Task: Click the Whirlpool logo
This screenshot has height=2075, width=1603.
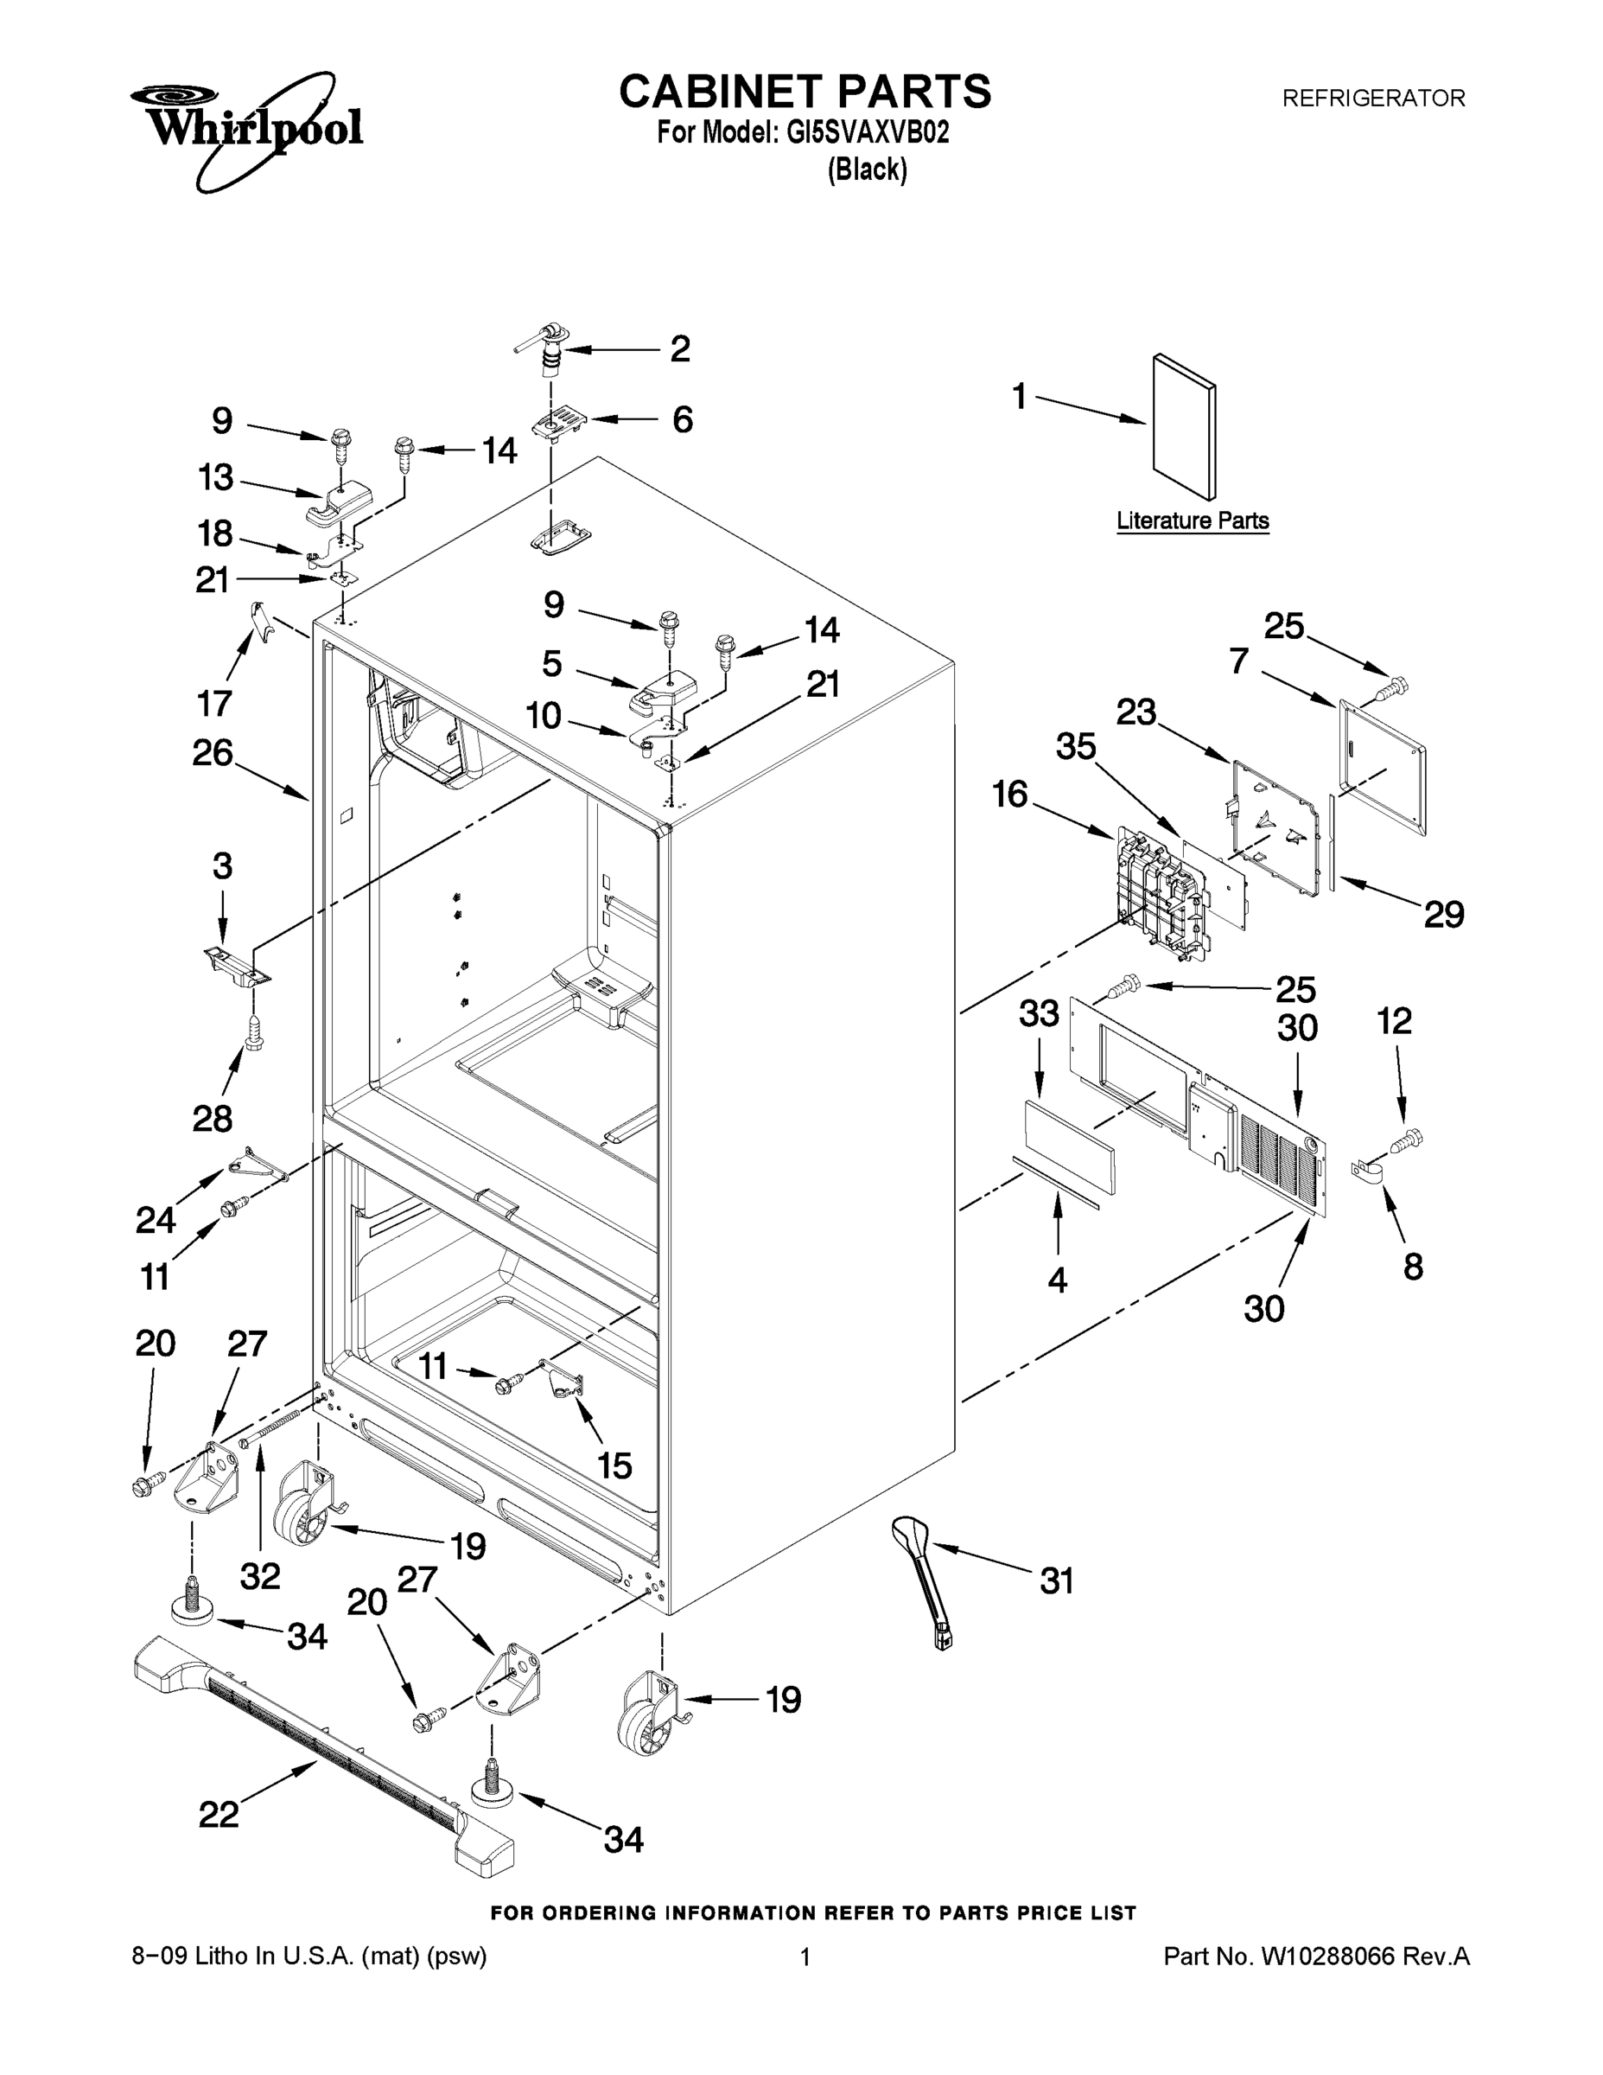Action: point(247,129)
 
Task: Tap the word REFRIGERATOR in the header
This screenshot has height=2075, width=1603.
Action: point(1373,98)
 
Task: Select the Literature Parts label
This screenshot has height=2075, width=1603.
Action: point(1192,520)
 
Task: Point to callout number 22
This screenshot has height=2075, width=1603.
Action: point(219,1814)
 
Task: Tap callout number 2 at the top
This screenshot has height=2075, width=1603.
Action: point(680,348)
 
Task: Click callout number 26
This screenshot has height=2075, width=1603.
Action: point(213,752)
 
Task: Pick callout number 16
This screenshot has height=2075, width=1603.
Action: point(1009,794)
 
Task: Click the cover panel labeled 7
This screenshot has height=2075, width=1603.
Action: point(1382,765)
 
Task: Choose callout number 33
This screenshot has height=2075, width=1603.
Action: point(1039,1014)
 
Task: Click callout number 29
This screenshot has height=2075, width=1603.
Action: point(1443,914)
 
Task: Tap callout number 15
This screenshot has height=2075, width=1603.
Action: point(614,1465)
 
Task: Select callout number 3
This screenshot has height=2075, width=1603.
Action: point(221,865)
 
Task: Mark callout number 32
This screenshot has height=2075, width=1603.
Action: point(259,1576)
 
